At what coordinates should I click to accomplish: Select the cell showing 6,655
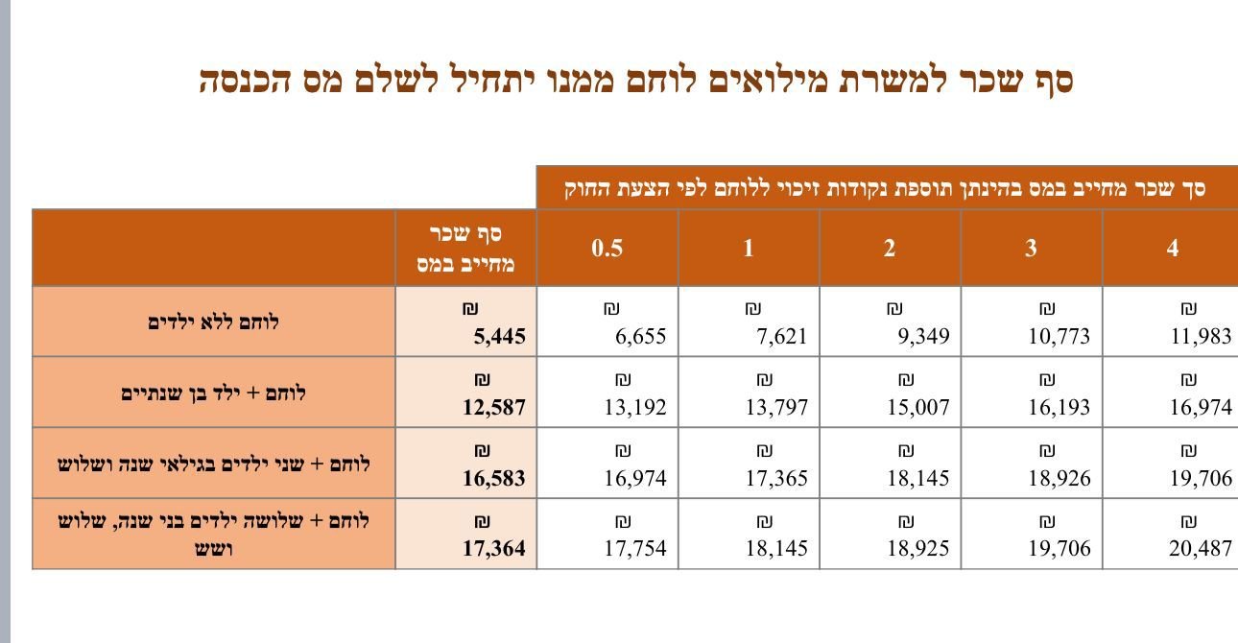click(x=640, y=337)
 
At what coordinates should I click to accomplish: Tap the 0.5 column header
click(x=607, y=249)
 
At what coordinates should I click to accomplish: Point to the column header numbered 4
click(x=1172, y=249)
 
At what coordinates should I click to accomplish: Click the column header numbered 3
click(x=1031, y=249)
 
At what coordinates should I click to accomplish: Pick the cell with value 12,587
click(x=493, y=407)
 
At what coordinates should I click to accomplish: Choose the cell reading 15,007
click(x=917, y=407)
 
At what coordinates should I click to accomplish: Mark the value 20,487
click(x=1201, y=549)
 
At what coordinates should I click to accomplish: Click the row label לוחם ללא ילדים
click(x=214, y=322)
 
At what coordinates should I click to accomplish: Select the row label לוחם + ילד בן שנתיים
click(x=214, y=393)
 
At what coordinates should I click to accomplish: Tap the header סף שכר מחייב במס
click(x=466, y=249)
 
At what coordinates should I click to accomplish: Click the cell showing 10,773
click(x=1059, y=337)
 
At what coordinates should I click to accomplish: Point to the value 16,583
click(x=493, y=478)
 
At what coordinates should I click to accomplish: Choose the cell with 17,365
click(x=776, y=478)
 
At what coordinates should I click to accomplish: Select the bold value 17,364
click(x=493, y=549)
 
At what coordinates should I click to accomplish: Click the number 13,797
click(x=776, y=407)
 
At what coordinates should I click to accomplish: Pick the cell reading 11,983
click(x=1201, y=337)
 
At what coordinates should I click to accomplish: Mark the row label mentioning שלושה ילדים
click(x=214, y=535)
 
